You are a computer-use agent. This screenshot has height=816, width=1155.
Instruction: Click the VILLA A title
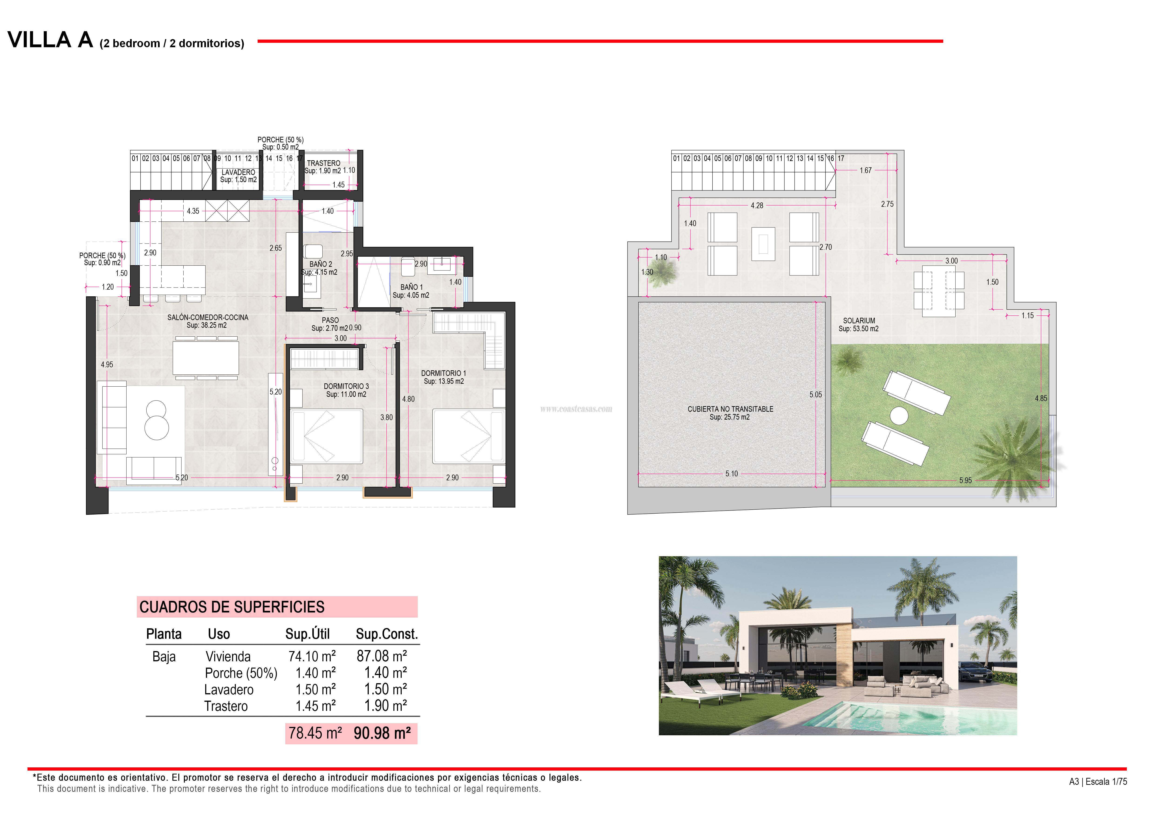point(50,40)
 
